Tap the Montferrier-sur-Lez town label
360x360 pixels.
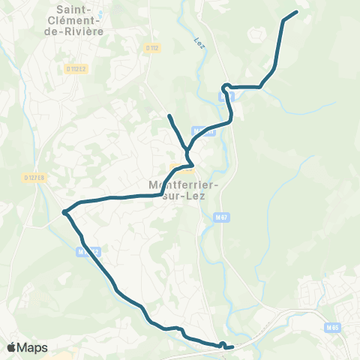180,192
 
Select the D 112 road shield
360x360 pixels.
152,47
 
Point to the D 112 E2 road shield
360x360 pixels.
76,70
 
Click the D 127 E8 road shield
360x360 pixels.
34,178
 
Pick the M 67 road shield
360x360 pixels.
220,217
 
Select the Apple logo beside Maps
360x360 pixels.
12,348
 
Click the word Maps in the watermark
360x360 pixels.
32,348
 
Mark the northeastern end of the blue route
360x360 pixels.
296,12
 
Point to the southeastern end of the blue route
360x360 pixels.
232,347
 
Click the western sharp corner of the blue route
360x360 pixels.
64,211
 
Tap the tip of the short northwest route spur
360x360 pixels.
169,115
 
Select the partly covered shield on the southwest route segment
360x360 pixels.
88,253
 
